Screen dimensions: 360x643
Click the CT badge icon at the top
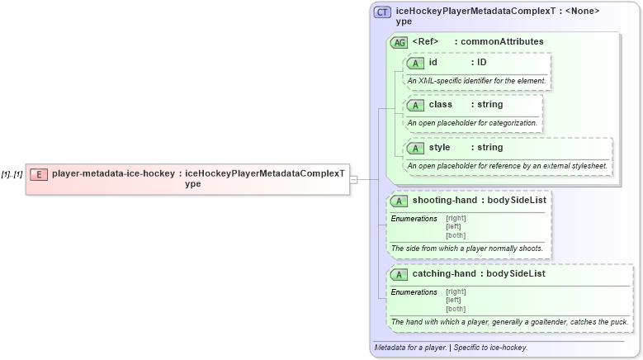382,12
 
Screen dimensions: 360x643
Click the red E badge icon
39,174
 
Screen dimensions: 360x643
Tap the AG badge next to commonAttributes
399,42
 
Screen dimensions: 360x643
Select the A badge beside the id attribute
415,63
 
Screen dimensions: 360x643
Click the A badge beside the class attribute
415,106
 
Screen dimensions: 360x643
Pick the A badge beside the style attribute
415,148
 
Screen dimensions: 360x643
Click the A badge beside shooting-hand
399,201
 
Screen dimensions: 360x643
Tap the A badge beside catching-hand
399,274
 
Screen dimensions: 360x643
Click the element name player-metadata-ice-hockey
113,174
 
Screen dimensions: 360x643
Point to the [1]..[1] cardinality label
12,174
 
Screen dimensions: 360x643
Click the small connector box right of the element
353,179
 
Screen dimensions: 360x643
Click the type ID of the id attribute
481,62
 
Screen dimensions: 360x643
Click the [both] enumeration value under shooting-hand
456,235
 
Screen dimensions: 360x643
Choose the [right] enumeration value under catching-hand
456,291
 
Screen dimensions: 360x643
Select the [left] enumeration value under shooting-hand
453,226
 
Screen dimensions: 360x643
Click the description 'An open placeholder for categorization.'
472,123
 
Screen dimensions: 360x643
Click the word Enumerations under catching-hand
414,291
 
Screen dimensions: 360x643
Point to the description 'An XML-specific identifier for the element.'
476,81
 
